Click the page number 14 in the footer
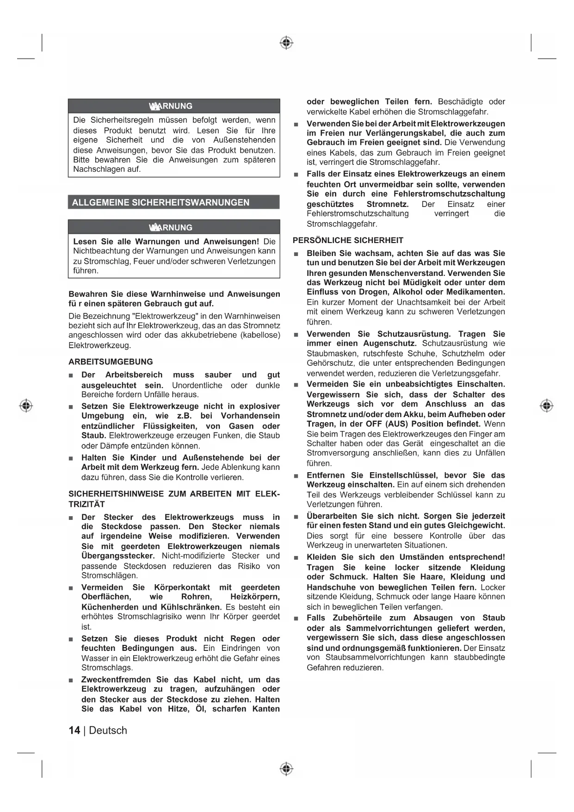74,730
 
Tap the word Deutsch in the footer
108,730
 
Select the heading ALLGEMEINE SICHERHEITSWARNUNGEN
160,202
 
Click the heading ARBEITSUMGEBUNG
111,362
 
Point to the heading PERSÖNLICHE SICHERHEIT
348,240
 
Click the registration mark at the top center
287,43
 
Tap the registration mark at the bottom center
287,769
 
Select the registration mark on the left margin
26,406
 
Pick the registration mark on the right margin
547,406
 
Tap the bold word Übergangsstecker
118,556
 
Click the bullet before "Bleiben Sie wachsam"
296,254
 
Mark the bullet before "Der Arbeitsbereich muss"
71,375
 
